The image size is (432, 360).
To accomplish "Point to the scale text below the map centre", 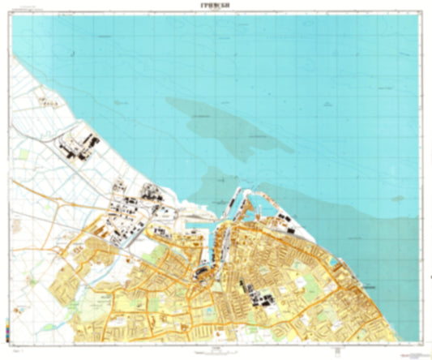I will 215,349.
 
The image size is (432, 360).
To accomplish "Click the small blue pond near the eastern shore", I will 335,264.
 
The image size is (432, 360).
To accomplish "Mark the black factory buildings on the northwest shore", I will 79,148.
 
